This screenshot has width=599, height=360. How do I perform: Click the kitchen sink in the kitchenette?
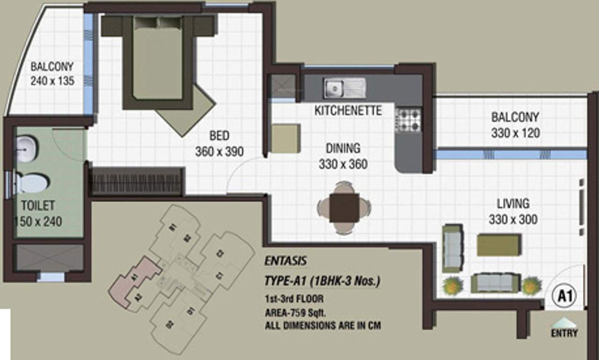(344, 88)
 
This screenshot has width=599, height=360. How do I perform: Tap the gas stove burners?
(409, 120)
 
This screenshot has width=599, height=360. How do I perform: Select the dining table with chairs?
(344, 208)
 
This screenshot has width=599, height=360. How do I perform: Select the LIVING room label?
(513, 204)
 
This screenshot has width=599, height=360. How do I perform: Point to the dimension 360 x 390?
(219, 151)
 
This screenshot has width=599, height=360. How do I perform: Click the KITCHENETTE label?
(348, 111)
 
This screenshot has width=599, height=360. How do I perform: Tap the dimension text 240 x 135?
(52, 81)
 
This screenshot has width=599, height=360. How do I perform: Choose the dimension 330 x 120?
(515, 133)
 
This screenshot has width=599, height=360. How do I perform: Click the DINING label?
(343, 149)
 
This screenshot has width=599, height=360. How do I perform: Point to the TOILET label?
(37, 206)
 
